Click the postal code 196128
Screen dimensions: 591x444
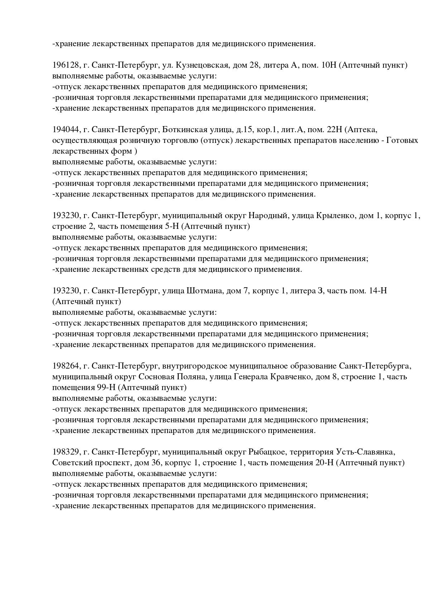[66, 65]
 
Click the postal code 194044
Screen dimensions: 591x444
[66, 129]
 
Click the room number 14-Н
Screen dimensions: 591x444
[377, 291]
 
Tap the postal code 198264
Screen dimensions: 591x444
[66, 366]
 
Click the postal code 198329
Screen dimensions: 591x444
[66, 452]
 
